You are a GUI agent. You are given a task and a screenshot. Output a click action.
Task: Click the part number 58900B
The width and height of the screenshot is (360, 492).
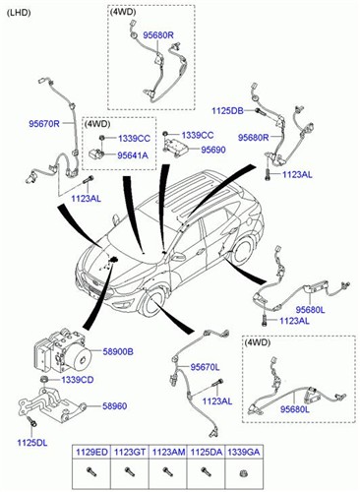(118, 352)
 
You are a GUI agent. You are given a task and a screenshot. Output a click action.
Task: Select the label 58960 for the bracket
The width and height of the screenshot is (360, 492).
(115, 406)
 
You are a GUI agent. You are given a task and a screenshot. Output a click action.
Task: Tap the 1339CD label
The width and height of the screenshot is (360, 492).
(78, 380)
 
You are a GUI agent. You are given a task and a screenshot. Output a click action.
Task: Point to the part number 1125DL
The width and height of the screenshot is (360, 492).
(32, 443)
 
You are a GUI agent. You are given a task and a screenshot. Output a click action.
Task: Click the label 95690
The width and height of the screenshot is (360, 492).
(213, 150)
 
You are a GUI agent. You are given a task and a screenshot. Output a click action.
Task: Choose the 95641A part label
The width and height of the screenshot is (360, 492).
(133, 155)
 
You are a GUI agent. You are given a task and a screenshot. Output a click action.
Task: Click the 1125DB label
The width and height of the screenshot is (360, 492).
(227, 111)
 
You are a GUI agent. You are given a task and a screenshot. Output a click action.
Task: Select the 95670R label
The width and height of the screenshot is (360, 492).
(44, 124)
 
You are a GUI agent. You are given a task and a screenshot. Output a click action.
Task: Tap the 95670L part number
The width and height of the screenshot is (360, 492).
(205, 367)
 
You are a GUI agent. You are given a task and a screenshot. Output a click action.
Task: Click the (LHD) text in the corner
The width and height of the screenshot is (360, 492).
(19, 13)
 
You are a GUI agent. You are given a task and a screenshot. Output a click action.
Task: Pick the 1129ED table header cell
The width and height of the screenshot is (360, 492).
(91, 452)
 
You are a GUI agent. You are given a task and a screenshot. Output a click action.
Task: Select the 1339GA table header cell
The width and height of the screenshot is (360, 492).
(244, 452)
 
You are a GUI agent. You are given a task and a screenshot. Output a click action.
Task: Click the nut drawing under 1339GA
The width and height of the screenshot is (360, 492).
(243, 473)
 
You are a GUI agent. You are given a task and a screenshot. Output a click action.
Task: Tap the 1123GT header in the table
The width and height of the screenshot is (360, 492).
(130, 452)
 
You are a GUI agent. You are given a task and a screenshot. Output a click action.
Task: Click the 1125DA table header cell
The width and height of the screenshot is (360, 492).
(206, 452)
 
